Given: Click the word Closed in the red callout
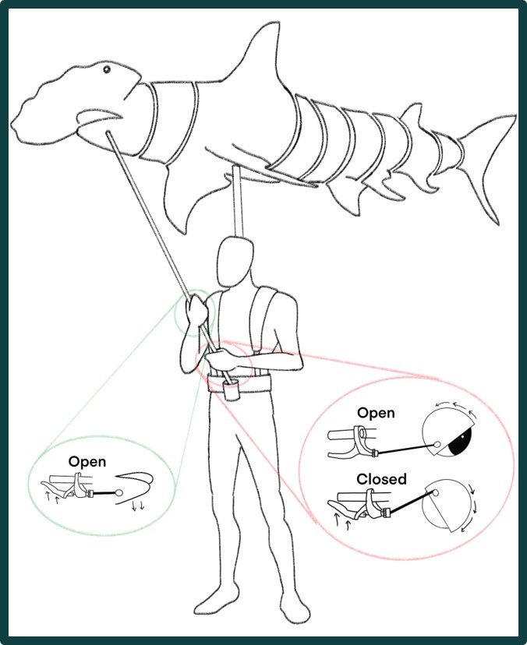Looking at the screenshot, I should click(381, 478).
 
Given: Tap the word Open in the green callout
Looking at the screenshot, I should click(87, 461).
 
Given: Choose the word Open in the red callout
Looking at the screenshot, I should click(376, 413).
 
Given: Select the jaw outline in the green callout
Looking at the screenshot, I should click(137, 488).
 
